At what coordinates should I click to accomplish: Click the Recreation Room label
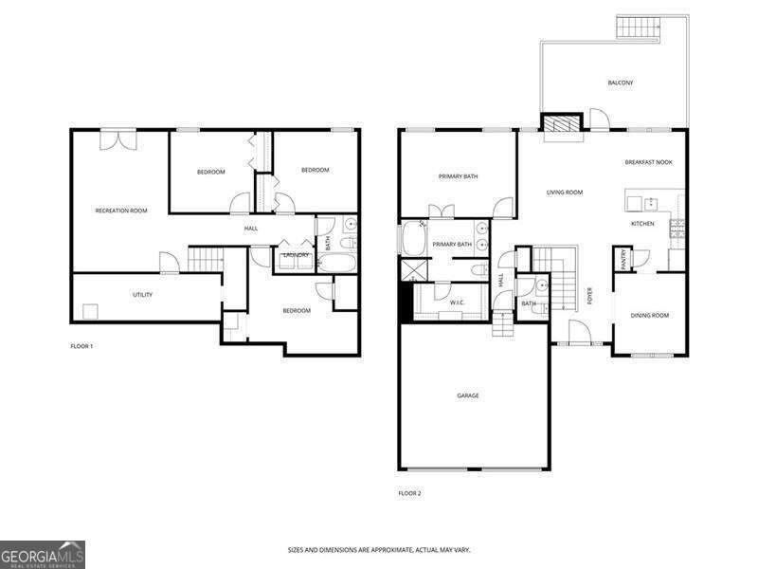[121, 211]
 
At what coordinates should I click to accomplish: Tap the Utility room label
[143, 295]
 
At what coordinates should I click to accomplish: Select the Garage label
[468, 395]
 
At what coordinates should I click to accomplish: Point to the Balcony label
[621, 83]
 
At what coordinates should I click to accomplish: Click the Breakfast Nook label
[649, 162]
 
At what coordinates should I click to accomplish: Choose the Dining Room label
[650, 316]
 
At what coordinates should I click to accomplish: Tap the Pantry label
[623, 260]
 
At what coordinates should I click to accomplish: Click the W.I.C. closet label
[458, 303]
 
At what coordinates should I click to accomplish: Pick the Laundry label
[296, 255]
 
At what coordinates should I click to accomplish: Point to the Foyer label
[589, 296]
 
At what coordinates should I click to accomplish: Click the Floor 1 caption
[81, 346]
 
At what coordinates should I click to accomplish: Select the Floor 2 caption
[409, 493]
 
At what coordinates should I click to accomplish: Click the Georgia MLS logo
[43, 555]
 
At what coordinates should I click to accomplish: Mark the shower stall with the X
[414, 270]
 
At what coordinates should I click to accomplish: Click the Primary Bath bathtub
[413, 238]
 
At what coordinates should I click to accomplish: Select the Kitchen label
[642, 224]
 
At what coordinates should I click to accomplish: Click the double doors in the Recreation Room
[118, 140]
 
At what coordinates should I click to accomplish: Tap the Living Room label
[564, 193]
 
